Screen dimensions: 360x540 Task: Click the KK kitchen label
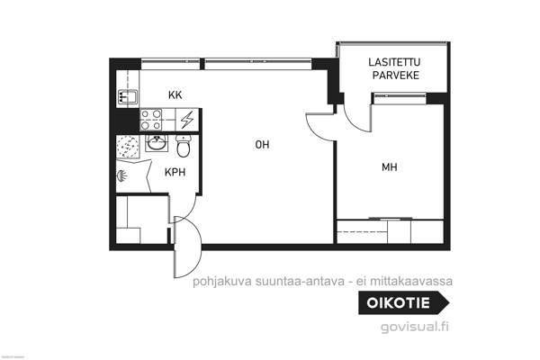click(176, 94)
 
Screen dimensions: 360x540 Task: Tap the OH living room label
click(262, 144)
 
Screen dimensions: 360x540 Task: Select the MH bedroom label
click(389, 166)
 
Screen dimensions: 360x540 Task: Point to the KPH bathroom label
click(175, 172)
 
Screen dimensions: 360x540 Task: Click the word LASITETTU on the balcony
click(395, 62)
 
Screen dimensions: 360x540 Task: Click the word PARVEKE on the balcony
click(395, 76)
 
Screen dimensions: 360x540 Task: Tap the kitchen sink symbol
click(126, 95)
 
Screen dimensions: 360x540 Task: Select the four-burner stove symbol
click(152, 120)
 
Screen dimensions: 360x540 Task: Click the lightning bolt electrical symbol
click(187, 120)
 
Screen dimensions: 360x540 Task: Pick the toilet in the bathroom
click(184, 145)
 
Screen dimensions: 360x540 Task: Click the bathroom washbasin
click(157, 144)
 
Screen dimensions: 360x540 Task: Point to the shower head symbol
click(122, 176)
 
